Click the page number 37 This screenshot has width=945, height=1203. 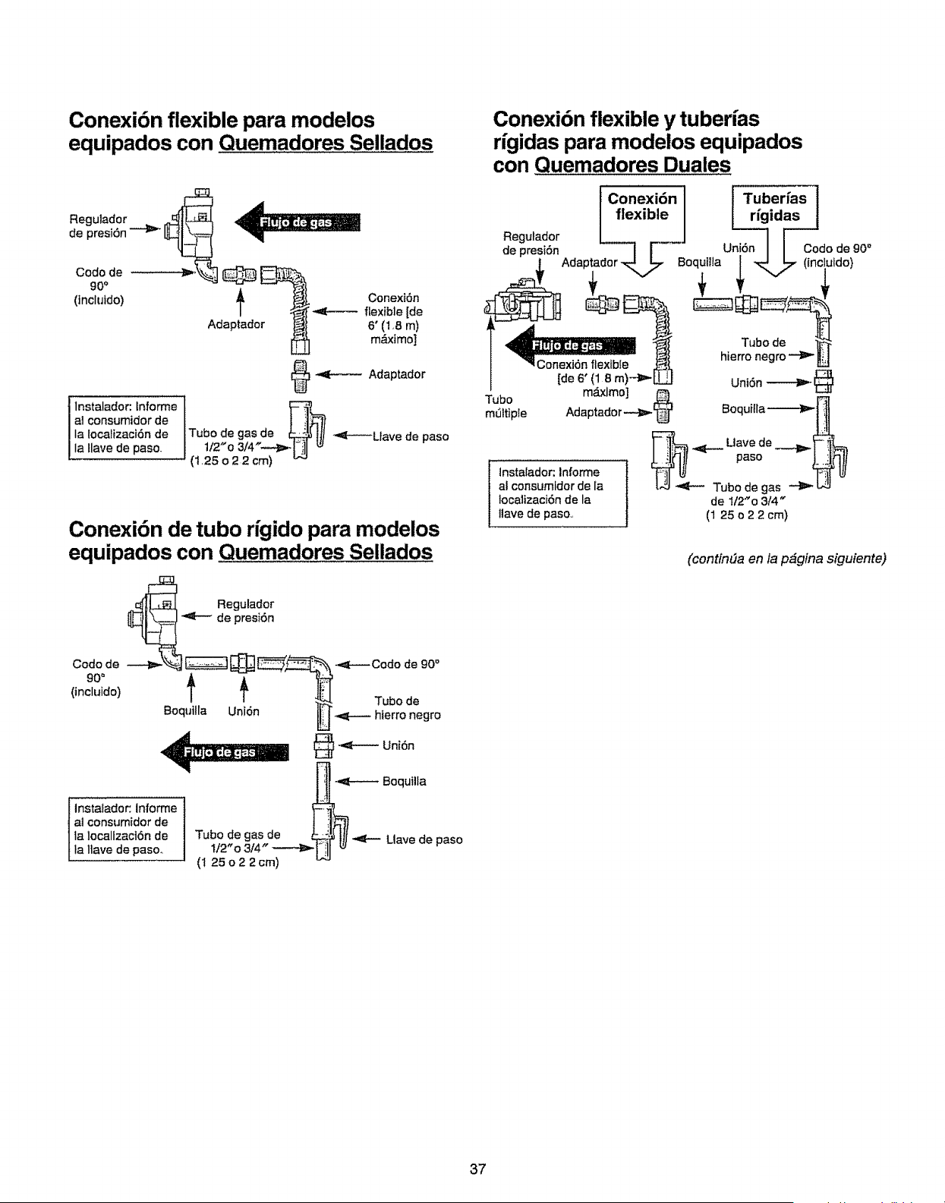(477, 1169)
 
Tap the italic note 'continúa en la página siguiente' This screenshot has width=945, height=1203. (786, 559)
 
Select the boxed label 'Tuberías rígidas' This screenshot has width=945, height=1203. (774, 207)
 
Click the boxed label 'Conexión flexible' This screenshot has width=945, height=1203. (642, 207)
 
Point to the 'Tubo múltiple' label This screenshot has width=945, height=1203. (506, 406)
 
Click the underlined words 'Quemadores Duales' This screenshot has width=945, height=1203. (633, 165)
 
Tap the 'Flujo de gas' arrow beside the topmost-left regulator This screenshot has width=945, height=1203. (298, 222)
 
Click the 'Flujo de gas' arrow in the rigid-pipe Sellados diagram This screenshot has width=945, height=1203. (225, 752)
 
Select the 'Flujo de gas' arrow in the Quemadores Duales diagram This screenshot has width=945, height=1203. (571, 345)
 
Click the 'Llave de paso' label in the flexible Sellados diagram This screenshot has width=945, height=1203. (410, 437)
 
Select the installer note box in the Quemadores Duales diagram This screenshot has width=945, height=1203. (557, 493)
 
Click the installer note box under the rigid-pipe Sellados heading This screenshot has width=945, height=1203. (126, 829)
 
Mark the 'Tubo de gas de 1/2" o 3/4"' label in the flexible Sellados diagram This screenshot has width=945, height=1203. (232, 446)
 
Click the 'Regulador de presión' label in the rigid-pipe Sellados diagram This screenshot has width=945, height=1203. (245, 611)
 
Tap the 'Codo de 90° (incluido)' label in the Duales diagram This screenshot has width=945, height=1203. (837, 255)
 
